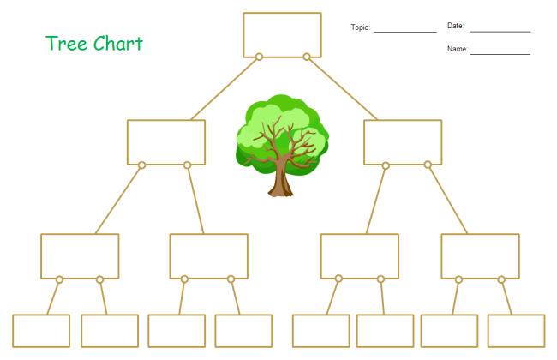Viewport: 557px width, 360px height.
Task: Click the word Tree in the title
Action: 67,44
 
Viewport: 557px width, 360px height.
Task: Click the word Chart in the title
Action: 118,44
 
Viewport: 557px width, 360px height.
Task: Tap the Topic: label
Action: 361,27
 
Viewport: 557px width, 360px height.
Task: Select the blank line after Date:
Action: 500,32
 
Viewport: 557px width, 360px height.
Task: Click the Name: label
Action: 458,49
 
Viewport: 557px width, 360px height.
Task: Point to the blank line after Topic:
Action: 405,32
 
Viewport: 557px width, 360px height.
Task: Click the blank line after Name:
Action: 500,54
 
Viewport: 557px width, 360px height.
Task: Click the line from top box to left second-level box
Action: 224,89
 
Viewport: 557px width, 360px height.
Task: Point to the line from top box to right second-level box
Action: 343,89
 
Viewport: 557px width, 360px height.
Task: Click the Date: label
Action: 456,26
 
